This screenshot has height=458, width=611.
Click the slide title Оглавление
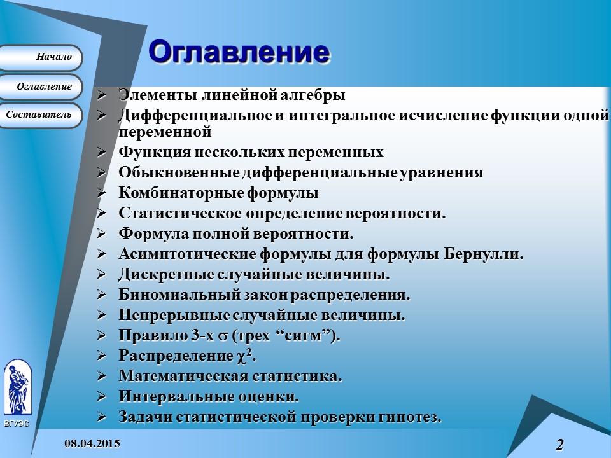point(239,52)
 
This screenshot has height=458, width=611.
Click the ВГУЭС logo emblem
point(17,388)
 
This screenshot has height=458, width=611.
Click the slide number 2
point(559,445)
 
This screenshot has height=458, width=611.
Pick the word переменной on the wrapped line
point(165,132)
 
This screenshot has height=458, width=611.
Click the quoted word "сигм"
point(310,336)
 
